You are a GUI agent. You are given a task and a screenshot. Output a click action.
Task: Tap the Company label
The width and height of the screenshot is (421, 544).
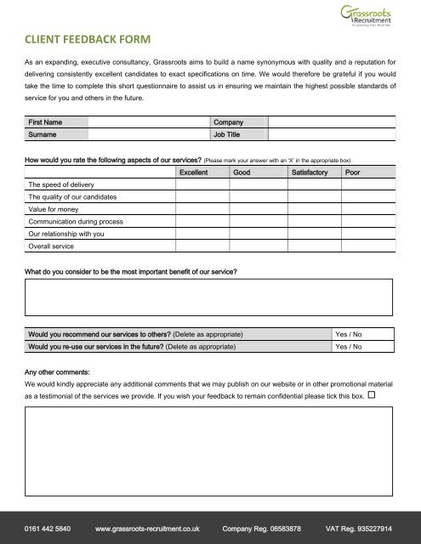pyautogui.click(x=229, y=122)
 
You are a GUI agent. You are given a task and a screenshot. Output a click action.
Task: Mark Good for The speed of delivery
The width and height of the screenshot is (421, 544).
pyautogui.click(x=258, y=184)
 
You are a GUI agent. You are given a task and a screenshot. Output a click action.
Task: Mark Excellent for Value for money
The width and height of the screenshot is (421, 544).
pyautogui.click(x=202, y=208)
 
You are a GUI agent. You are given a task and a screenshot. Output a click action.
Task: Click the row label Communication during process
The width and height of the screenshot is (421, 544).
pyautogui.click(x=77, y=220)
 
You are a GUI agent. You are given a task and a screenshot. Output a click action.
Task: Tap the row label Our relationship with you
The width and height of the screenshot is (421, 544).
pyautogui.click(x=66, y=233)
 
